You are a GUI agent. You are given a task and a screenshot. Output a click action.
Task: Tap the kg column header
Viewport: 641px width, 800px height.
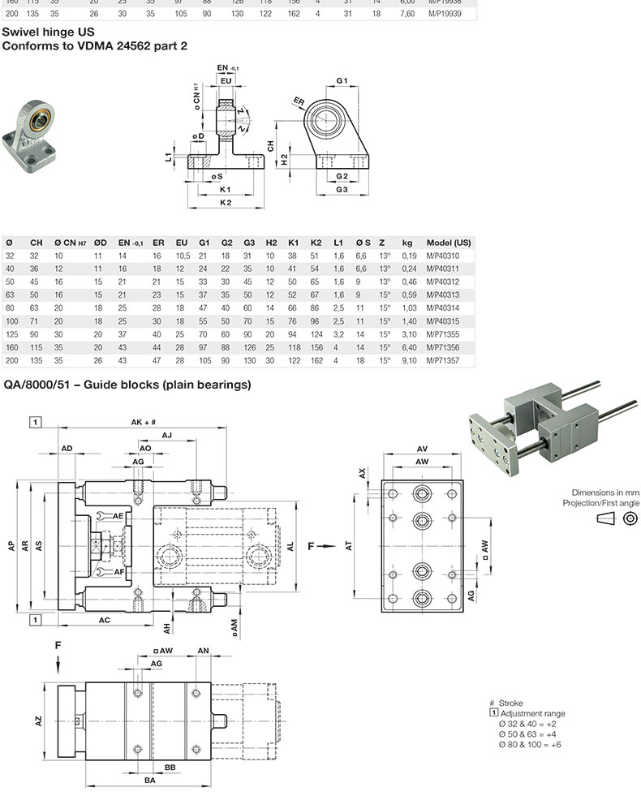pos(407,243)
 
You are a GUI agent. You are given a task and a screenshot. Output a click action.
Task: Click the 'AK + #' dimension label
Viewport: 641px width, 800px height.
pos(143,422)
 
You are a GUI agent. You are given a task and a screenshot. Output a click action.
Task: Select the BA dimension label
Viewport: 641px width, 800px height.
pos(150,781)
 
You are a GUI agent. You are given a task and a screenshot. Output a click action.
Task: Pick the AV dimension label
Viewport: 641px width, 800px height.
pos(422,448)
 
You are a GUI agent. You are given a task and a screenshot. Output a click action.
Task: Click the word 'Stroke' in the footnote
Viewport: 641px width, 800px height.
pos(510,703)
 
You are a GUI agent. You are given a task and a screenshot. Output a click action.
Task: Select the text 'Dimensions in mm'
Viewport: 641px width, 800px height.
pos(605,492)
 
